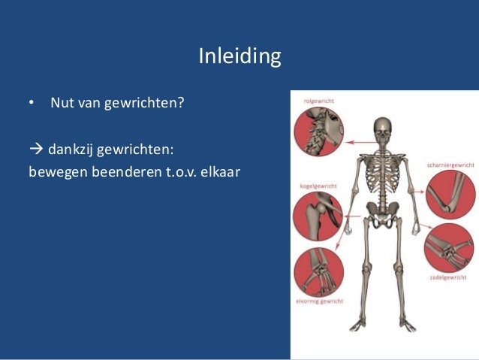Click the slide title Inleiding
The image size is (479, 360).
[x=239, y=56]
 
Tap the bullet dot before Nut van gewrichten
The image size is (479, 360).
[x=32, y=102]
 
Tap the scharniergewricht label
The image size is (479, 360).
[x=450, y=165]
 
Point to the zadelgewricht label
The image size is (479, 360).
[x=449, y=277]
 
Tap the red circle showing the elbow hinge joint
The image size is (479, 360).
[x=449, y=194]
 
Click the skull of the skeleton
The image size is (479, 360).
[x=383, y=129]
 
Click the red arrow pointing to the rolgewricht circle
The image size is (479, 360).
[x=360, y=141]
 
